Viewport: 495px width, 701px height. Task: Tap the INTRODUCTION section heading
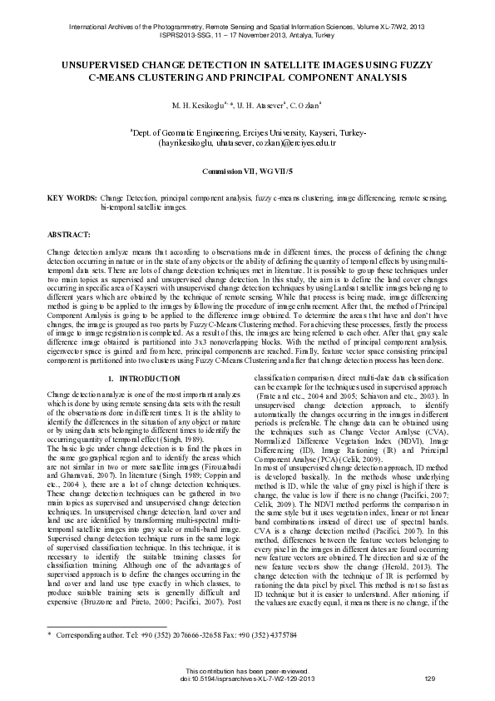[151, 379]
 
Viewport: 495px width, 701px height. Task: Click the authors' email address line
[247, 142]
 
